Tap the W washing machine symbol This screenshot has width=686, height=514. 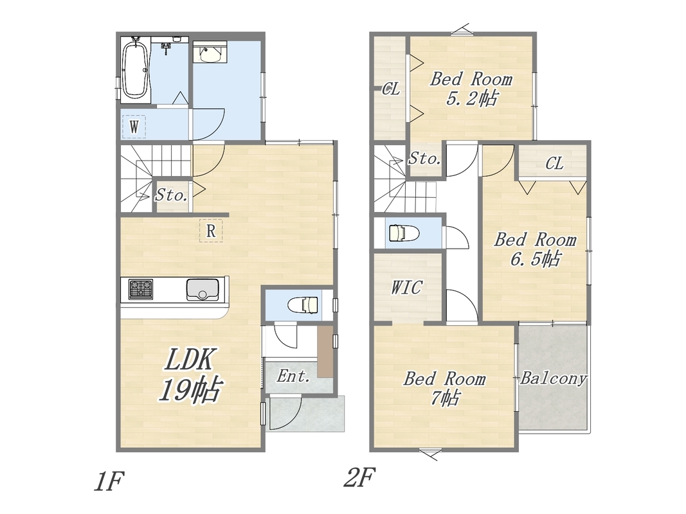[134, 127]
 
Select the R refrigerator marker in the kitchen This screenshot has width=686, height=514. [211, 231]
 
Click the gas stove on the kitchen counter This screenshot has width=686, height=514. [141, 289]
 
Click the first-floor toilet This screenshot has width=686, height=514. [303, 305]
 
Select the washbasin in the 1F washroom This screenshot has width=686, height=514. [210, 53]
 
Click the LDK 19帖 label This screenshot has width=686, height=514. [190, 375]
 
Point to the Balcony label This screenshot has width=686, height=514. [553, 378]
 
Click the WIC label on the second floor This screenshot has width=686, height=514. [406, 287]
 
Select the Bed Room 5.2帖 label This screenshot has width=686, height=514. [471, 89]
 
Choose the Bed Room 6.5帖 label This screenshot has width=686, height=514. [535, 249]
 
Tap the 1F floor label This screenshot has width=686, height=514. [109, 481]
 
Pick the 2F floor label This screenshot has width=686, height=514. [359, 477]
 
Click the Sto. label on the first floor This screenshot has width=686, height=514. [172, 195]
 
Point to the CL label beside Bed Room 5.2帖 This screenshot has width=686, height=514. [391, 89]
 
